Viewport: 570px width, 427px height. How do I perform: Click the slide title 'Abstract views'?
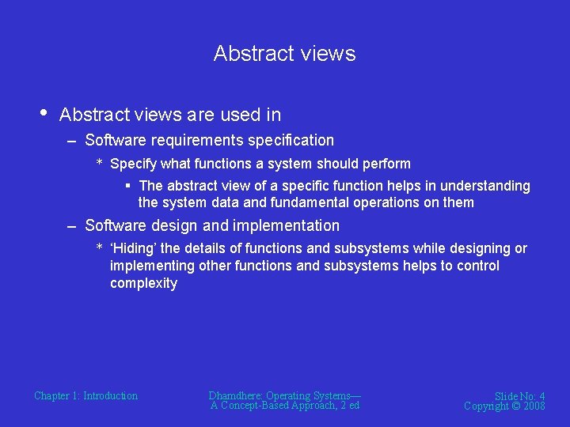[x=284, y=54]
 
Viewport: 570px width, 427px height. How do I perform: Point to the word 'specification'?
[x=291, y=141]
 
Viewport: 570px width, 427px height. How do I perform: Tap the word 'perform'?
[x=385, y=164]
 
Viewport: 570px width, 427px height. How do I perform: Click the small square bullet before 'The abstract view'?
[x=127, y=186]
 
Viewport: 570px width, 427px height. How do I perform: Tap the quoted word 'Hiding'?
[x=134, y=249]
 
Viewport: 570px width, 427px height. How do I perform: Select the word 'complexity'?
[x=143, y=284]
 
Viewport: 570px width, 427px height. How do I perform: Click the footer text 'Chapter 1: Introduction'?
[x=85, y=396]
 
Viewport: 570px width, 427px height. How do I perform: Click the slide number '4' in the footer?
[x=541, y=396]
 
